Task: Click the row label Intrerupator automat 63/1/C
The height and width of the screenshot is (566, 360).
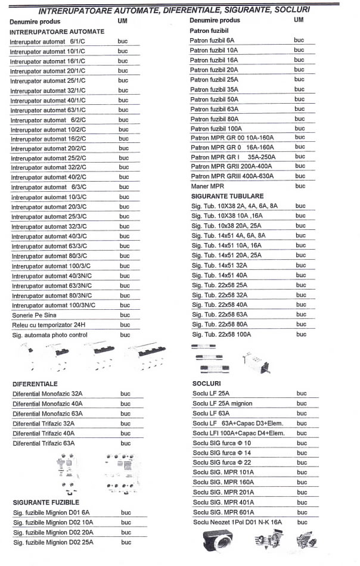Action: click(48, 110)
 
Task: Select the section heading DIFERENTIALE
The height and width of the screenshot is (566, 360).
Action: click(35, 384)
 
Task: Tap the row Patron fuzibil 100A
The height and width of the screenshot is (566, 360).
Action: click(216, 129)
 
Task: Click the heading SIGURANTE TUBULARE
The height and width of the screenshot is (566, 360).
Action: click(227, 196)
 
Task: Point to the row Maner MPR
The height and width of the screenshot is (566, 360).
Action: click(207, 186)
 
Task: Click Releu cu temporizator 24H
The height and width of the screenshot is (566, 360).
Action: click(49, 325)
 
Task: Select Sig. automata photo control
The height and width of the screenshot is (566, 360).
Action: click(50, 335)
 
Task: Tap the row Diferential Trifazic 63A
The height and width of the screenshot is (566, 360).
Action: click(44, 443)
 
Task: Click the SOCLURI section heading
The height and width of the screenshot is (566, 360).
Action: click(207, 383)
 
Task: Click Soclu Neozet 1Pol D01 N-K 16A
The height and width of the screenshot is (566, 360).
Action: click(237, 522)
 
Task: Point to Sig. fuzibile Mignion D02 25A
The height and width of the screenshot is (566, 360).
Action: click(53, 542)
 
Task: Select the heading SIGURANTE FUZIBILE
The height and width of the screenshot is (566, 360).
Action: click(46, 502)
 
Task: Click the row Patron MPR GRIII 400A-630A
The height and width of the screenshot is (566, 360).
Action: click(232, 176)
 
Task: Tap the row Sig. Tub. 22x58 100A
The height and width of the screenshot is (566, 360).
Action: click(221, 334)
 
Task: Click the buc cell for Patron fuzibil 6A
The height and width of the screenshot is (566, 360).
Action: click(299, 40)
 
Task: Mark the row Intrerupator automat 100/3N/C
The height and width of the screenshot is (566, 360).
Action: click(54, 305)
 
